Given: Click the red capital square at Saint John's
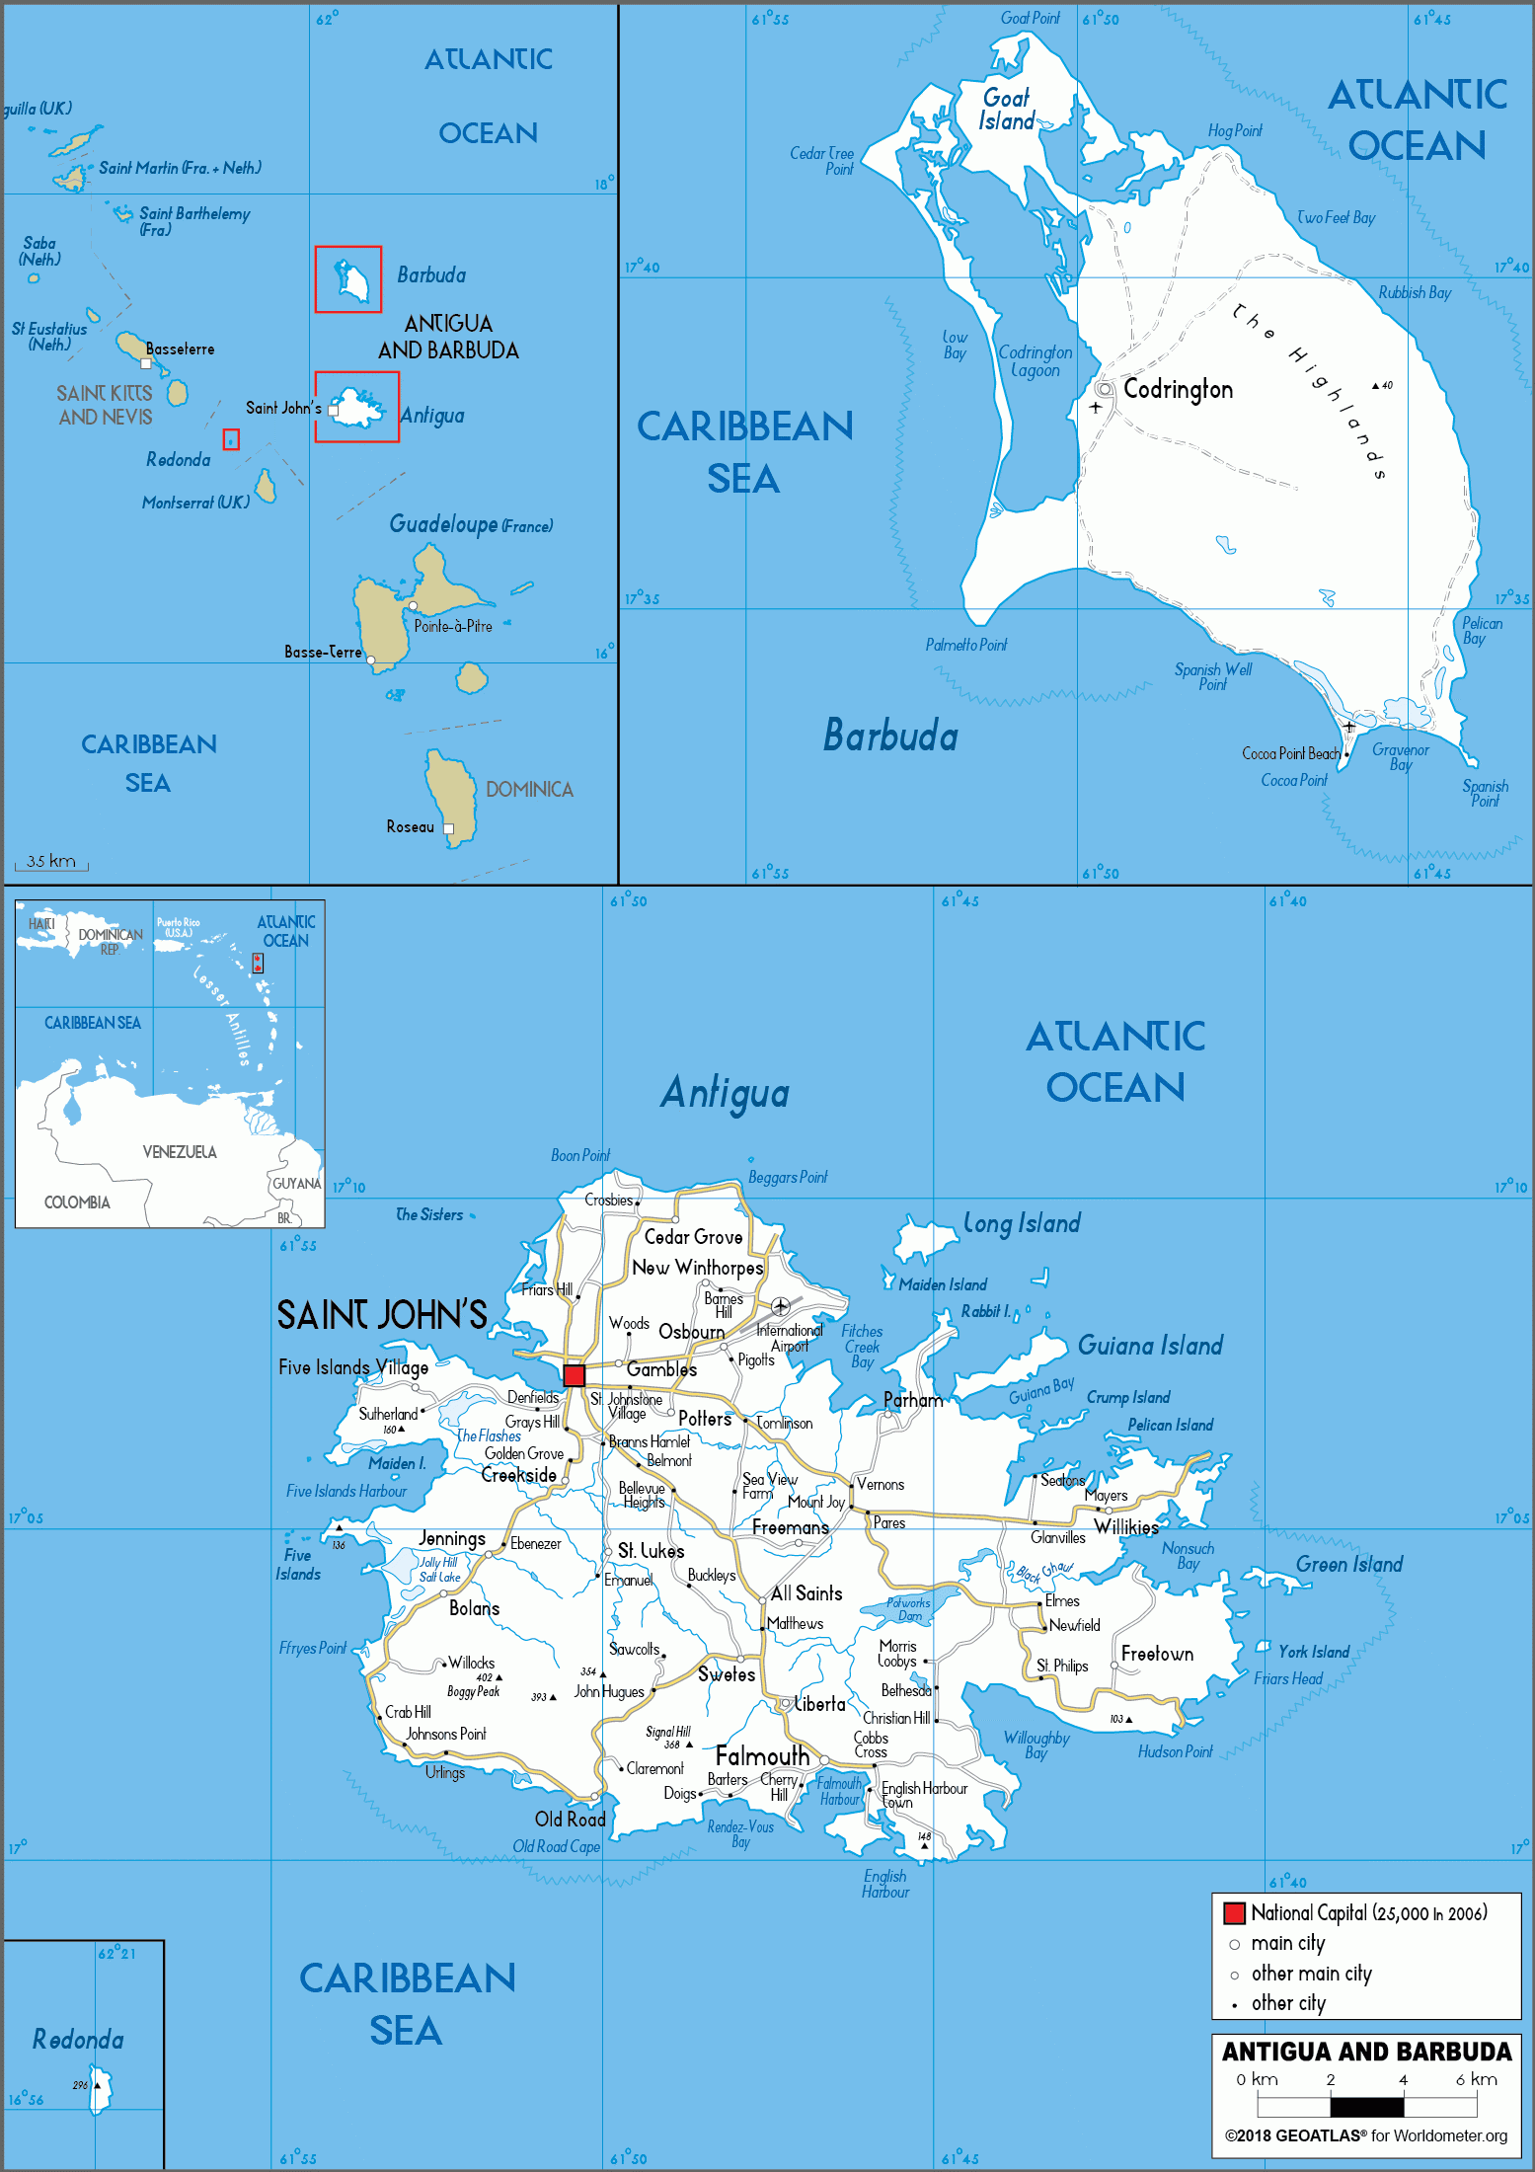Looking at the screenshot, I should click(x=574, y=1375).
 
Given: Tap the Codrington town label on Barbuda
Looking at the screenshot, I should click(x=1178, y=389).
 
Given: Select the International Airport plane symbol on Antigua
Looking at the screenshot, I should click(x=781, y=1306).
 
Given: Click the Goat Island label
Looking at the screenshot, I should click(x=1006, y=110).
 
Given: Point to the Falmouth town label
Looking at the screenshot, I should click(x=762, y=1756).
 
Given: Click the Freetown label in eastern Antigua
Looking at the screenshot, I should click(x=1157, y=1654).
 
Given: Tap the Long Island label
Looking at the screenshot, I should click(x=1022, y=1224).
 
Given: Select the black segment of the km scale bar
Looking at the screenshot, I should click(x=1366, y=2106).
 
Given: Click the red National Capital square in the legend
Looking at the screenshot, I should click(x=1234, y=1913).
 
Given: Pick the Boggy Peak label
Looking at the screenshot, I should click(x=473, y=1691).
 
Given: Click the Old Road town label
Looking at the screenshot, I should click(x=570, y=1819).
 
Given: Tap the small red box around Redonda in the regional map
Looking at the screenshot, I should click(x=231, y=439).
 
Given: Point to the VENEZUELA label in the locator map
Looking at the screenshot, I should click(x=179, y=1152).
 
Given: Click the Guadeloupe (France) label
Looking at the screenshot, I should click(x=471, y=524).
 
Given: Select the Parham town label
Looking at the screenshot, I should click(x=913, y=1400).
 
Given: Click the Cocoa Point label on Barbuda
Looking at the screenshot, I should click(x=1293, y=780).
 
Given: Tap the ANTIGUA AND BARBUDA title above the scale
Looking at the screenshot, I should click(x=1366, y=2052).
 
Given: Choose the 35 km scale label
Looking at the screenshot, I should click(x=50, y=861).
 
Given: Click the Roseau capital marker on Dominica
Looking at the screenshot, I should click(x=448, y=828).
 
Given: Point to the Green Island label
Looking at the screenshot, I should click(x=1348, y=1564).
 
